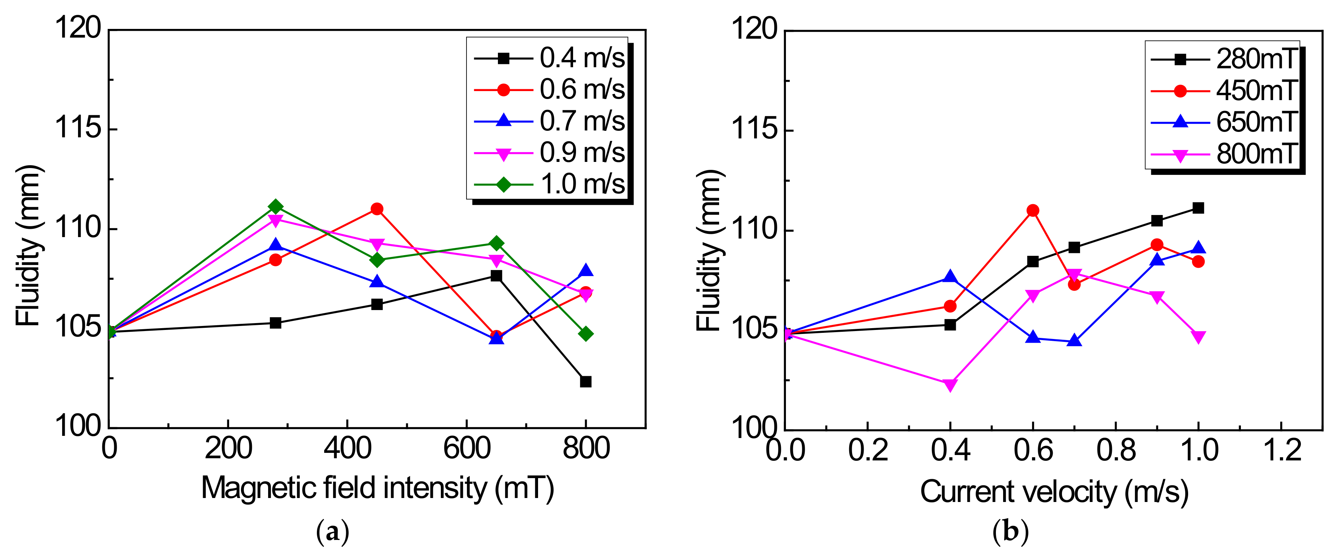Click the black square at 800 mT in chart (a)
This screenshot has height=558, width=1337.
pos(585,382)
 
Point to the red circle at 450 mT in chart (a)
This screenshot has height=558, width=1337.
pos(377,209)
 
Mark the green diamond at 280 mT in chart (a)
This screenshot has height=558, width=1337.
pos(276,207)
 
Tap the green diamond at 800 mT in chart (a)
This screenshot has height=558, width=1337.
pos(585,334)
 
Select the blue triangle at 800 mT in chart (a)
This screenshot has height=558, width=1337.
pos(585,270)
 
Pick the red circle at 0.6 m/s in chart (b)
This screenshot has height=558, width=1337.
pos(1033,210)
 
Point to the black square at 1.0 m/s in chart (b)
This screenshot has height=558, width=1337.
pos(1198,208)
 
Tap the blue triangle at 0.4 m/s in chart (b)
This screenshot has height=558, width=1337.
pos(950,277)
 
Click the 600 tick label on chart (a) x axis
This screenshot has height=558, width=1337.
pos(467,448)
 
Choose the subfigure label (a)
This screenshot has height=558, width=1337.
pos(333,532)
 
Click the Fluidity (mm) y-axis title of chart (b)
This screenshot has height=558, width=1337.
pos(709,250)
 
